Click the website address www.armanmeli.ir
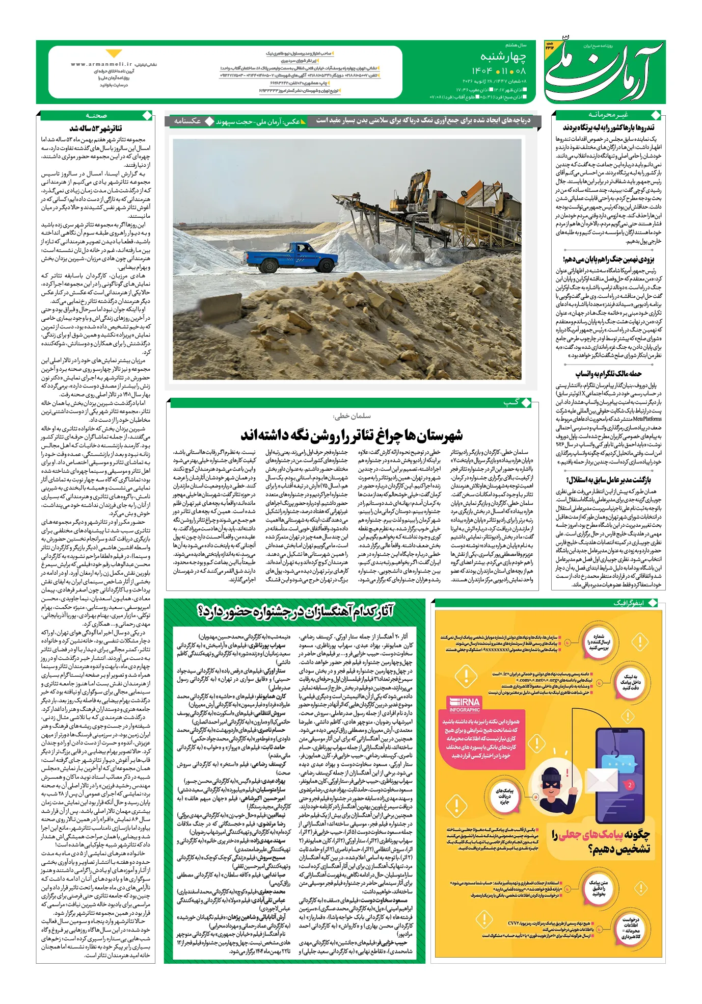point(101,64)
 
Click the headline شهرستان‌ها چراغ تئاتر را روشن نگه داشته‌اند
point(352,435)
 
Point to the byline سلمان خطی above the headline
point(352,416)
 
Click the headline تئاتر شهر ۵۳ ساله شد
point(96,128)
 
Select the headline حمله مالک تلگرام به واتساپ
point(608,374)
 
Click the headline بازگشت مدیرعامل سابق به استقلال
point(608,480)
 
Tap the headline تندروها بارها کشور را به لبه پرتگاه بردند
point(608,127)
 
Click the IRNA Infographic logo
point(465,704)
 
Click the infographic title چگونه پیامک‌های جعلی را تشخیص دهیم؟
point(602,841)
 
